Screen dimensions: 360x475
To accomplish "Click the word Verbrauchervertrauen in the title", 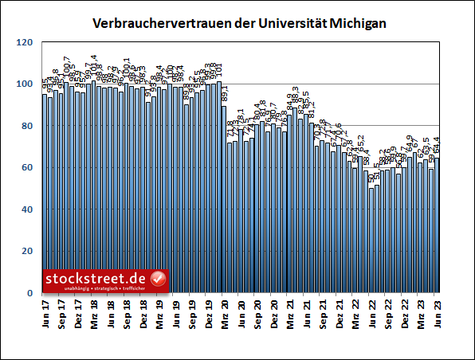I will (x=153, y=25).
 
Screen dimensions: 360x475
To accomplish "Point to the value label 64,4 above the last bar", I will (x=437, y=148).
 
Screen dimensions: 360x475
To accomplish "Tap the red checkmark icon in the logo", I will (x=159, y=279).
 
